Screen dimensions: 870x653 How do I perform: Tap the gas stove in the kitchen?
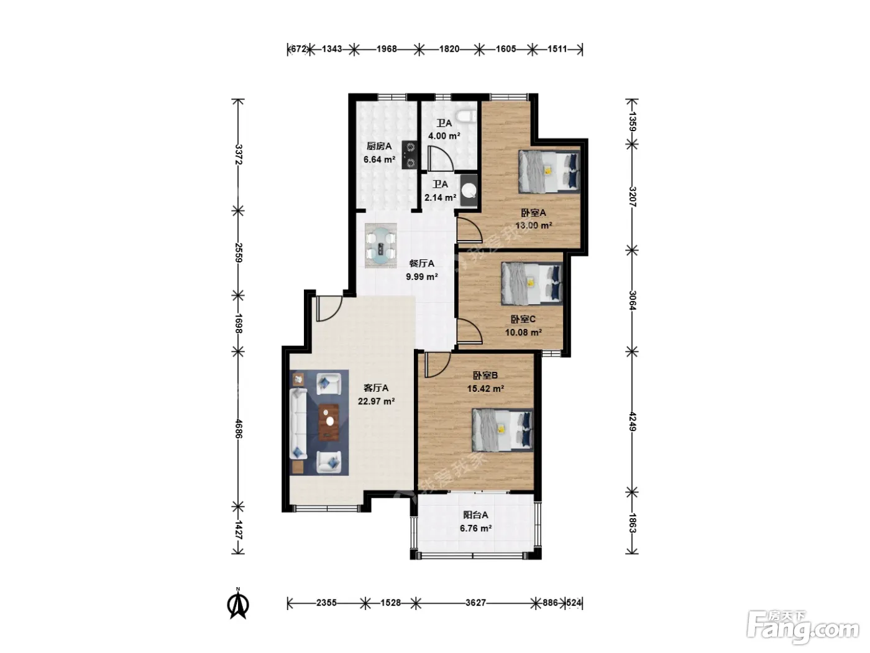(x=410, y=155)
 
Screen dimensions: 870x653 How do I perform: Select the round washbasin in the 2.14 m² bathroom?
(x=469, y=191)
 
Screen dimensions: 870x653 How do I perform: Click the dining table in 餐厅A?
(x=380, y=246)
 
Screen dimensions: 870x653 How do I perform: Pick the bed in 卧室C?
(x=532, y=283)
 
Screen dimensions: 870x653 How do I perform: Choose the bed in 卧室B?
(x=503, y=430)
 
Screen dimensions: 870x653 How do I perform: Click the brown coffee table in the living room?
(x=329, y=422)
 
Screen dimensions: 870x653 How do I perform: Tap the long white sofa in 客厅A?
(x=298, y=424)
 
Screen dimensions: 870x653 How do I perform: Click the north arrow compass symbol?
(x=238, y=603)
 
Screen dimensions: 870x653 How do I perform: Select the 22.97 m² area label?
(x=376, y=401)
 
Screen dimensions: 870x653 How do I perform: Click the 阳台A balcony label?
(x=475, y=515)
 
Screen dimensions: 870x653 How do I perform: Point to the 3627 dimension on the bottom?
(x=475, y=603)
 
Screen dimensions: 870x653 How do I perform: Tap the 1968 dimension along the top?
(x=387, y=49)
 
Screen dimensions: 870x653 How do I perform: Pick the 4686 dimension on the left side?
(x=238, y=428)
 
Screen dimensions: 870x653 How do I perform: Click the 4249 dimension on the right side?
(x=632, y=422)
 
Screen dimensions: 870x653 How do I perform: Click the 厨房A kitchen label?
(x=379, y=146)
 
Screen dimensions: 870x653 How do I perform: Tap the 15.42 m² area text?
(x=485, y=389)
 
